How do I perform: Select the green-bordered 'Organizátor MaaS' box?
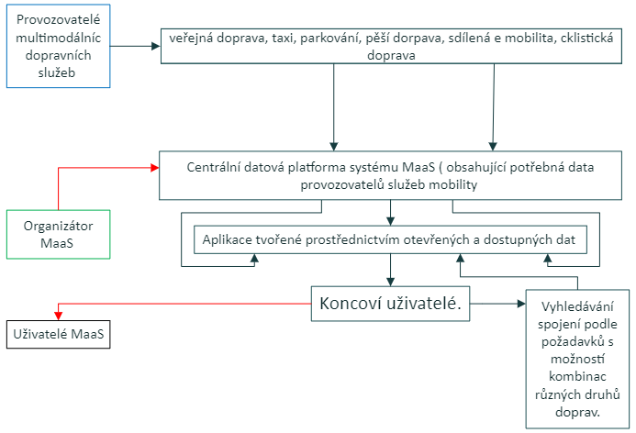point(59,234)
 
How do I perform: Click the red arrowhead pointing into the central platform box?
point(153,168)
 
